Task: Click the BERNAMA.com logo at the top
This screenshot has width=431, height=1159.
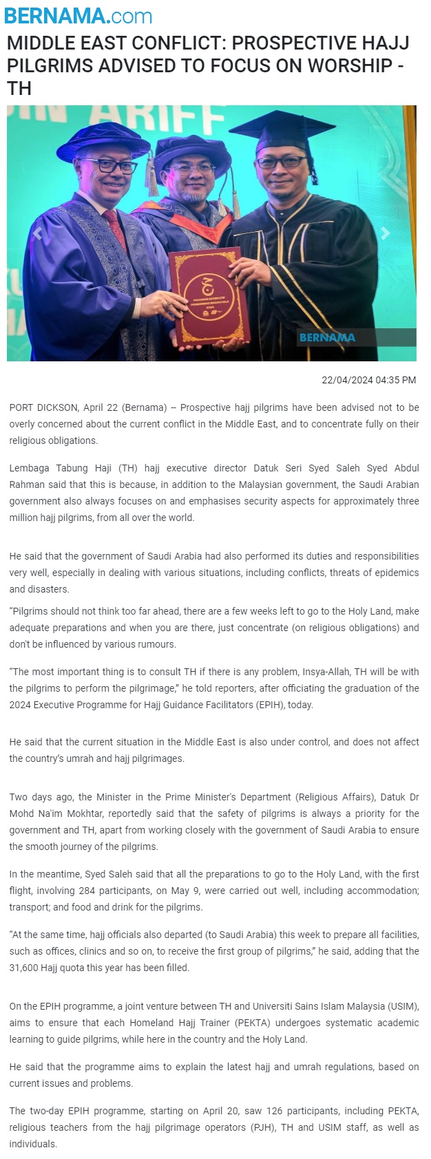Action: (x=78, y=15)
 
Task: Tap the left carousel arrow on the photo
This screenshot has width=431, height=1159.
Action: (x=38, y=233)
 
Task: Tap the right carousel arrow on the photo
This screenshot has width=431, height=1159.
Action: (x=386, y=233)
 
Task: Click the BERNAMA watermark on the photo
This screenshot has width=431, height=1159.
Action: (x=327, y=337)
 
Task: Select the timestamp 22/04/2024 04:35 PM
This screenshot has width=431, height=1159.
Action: (x=368, y=380)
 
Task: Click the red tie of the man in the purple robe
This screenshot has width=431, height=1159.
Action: (x=114, y=227)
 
